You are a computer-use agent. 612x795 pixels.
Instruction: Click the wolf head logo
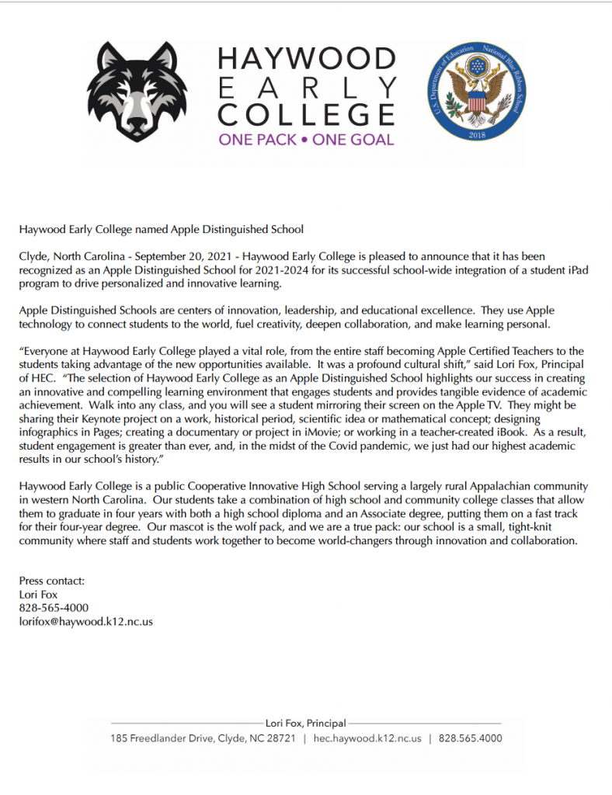point(137,92)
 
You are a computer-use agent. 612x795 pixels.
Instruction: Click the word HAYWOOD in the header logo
point(307,59)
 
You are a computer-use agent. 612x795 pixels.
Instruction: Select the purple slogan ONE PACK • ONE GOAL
point(307,141)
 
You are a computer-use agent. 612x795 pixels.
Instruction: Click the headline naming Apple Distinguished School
point(161,229)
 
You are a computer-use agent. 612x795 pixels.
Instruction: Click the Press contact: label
point(52,581)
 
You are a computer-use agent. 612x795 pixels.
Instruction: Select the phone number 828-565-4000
point(54,608)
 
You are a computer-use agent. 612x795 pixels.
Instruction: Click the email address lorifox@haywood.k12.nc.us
point(85,621)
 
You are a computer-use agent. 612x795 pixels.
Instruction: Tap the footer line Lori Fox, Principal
point(306,724)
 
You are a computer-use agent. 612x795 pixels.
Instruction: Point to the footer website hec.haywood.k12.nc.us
point(367,738)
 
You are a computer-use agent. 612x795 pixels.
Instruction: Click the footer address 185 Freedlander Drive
point(165,738)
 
